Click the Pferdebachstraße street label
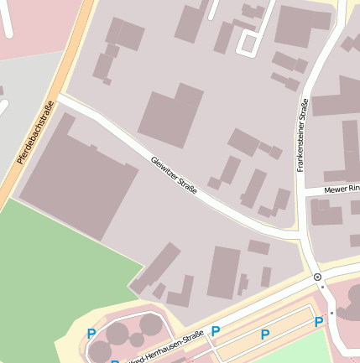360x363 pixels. pos(36,132)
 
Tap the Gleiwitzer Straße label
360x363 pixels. pos(175,175)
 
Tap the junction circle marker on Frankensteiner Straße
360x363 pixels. pos(317,277)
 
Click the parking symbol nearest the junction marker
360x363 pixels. pos(318,322)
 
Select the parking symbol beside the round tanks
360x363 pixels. pos(91,334)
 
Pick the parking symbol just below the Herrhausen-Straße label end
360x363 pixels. pos(216,331)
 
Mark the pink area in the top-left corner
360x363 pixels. pos(34,25)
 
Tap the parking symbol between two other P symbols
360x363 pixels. pos(265,334)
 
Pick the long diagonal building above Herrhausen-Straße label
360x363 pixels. pos(156,267)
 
